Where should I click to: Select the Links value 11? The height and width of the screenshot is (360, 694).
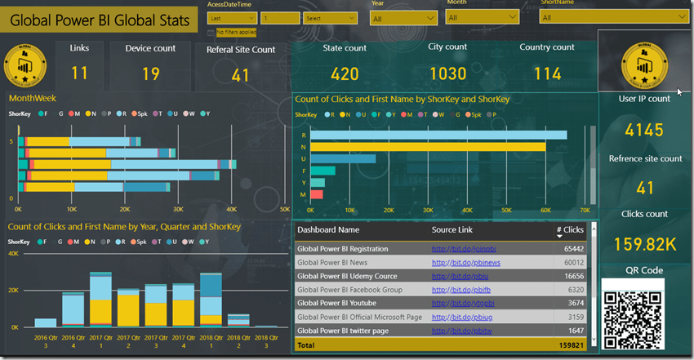coord(79,73)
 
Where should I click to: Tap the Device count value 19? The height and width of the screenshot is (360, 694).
coord(150,73)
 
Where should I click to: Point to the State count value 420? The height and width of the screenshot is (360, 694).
coord(345,74)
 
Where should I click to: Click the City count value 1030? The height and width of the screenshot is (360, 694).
coord(447,74)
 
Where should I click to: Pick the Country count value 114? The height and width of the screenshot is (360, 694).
coord(547,74)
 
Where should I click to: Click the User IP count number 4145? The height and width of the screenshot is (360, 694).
coord(644,129)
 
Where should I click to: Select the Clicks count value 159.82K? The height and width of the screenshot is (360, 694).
coord(645,243)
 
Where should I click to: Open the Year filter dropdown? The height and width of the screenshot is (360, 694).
coord(403,17)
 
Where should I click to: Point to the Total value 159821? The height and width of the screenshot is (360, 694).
coord(568,345)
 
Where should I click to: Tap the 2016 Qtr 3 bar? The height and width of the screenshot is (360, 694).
coord(46,322)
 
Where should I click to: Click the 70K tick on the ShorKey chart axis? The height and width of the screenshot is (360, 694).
coord(585,210)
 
